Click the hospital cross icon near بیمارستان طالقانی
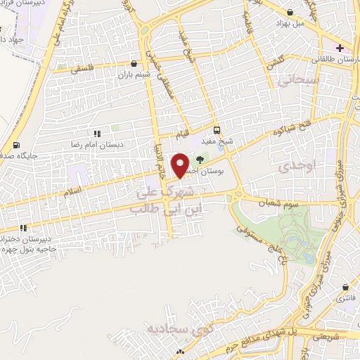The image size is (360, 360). click(340, 49)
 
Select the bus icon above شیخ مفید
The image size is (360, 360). click(217, 130)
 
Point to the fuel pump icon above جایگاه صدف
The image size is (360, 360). click(15, 146)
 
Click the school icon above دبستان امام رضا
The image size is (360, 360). click(96, 132)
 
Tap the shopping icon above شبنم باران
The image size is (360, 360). click(134, 63)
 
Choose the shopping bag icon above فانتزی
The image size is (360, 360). click(345, 288)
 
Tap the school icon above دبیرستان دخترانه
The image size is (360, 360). click(24, 228)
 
